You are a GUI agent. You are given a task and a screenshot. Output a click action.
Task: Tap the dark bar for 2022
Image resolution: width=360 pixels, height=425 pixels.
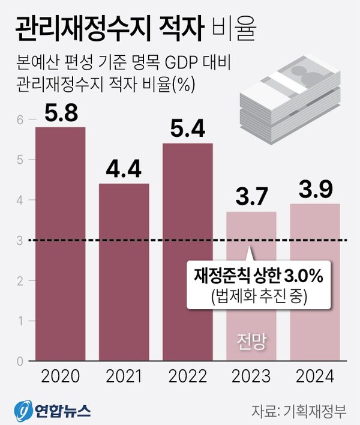(187, 252)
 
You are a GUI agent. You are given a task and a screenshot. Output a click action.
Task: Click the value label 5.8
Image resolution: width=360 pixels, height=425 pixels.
(60, 113)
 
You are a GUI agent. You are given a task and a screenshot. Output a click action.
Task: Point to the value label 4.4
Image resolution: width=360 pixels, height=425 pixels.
(124, 169)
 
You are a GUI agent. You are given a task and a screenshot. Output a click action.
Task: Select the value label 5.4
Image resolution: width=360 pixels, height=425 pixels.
(187, 129)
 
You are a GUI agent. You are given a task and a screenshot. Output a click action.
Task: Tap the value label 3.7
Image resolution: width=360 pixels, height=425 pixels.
(251, 197)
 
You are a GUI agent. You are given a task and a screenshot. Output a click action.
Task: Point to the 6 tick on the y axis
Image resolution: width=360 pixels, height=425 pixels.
(19, 120)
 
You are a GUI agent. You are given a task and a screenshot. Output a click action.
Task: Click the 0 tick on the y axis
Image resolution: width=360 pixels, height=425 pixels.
(19, 361)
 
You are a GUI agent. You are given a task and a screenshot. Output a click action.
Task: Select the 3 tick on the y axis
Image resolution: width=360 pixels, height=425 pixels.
(19, 241)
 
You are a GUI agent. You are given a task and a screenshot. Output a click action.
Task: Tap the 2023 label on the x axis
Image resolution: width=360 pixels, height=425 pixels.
(251, 377)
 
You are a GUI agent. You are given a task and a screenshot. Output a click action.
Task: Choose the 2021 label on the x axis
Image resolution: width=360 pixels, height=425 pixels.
(124, 377)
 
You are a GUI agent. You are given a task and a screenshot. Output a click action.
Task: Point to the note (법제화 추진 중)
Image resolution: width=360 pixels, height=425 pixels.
(259, 295)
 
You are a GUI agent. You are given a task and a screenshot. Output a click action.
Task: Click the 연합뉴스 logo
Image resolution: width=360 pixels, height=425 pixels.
(54, 410)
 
